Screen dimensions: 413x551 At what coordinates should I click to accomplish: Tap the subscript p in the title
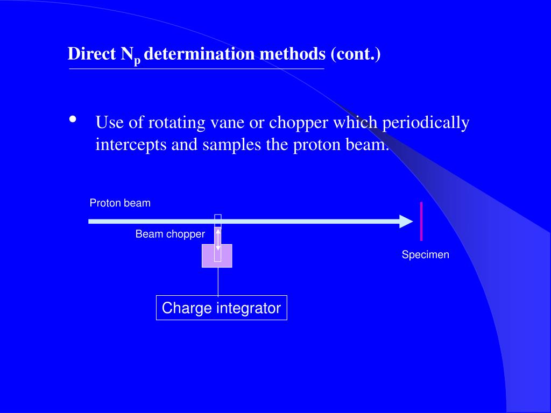pyautogui.click(x=138, y=61)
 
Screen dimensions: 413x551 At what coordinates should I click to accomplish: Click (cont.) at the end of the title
pyautogui.click(x=356, y=54)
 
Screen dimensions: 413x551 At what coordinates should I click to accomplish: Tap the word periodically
pyautogui.click(x=426, y=123)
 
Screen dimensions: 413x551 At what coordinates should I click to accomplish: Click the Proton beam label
pyautogui.click(x=120, y=203)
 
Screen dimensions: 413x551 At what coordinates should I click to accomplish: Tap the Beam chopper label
pyautogui.click(x=170, y=234)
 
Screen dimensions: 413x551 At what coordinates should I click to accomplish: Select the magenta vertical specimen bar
pyautogui.click(x=421, y=221)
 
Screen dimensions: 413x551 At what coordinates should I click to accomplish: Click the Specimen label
pyautogui.click(x=425, y=255)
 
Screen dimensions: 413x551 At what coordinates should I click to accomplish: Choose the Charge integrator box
pyautogui.click(x=221, y=308)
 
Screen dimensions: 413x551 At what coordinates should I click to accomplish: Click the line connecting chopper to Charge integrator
pyautogui.click(x=218, y=281)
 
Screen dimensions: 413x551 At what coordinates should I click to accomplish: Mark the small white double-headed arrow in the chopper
pyautogui.click(x=218, y=239)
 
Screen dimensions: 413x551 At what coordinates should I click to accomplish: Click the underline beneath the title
pyautogui.click(x=196, y=69)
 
